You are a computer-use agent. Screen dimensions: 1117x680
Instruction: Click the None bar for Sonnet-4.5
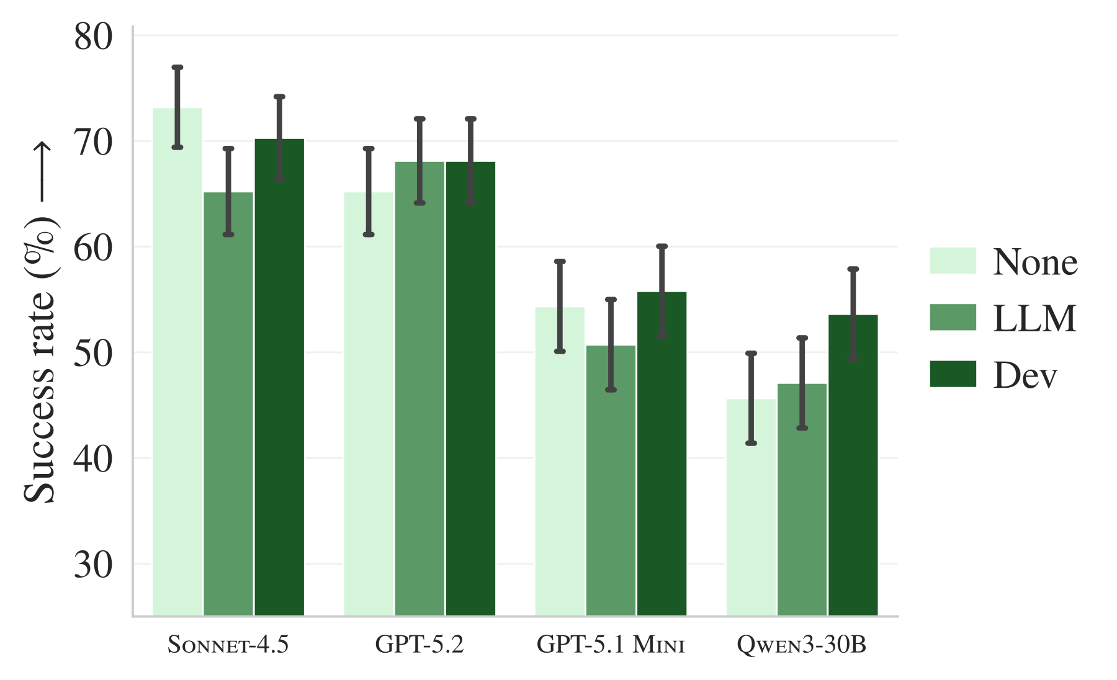click(x=177, y=362)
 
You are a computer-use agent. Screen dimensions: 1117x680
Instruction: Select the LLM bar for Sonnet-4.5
click(x=228, y=404)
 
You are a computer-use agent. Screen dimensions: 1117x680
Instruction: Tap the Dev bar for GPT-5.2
click(x=470, y=388)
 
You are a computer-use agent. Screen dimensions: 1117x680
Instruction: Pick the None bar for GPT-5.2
click(x=369, y=404)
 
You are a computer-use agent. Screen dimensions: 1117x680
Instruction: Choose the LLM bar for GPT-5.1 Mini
click(x=611, y=480)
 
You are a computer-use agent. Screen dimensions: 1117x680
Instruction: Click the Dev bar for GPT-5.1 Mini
click(x=662, y=454)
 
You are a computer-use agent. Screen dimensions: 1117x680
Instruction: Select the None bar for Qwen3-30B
click(x=751, y=507)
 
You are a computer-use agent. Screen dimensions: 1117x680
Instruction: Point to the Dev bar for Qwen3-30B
click(x=853, y=465)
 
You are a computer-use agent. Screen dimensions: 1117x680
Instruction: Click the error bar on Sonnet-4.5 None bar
click(x=177, y=107)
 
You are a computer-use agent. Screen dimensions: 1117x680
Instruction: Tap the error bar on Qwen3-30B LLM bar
click(x=802, y=383)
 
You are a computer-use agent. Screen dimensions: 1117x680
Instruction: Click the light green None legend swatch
click(x=953, y=261)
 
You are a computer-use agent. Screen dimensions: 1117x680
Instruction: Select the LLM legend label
click(x=1034, y=318)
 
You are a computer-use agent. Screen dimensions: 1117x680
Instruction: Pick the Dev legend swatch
click(x=953, y=374)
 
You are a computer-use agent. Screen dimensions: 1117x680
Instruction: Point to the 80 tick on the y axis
click(x=94, y=37)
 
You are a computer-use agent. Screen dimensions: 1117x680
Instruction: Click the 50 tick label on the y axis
click(x=94, y=354)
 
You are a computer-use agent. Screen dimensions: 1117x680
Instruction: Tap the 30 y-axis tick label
click(x=94, y=565)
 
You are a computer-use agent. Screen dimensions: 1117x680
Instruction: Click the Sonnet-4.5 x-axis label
click(x=228, y=645)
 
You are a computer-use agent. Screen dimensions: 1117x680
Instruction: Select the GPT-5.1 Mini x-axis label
click(x=611, y=645)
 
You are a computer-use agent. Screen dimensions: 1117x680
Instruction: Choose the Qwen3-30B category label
click(x=802, y=646)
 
